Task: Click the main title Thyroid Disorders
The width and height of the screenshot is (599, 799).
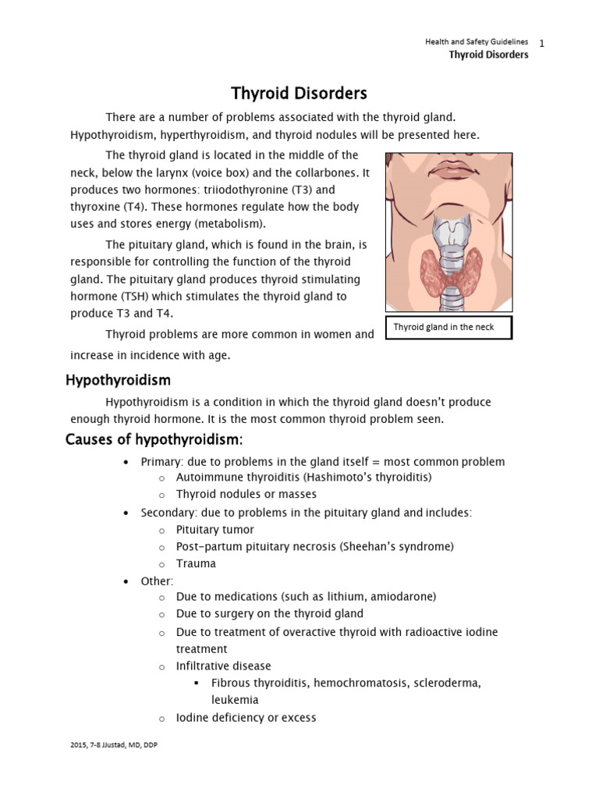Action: click(299, 94)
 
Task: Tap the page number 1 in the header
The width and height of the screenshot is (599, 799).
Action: click(541, 42)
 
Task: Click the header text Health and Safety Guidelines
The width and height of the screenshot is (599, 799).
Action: click(476, 41)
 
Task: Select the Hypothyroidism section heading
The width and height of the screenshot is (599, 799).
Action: click(117, 380)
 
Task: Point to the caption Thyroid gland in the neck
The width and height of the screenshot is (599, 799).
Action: click(443, 327)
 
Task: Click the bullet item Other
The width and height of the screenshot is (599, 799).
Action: click(157, 581)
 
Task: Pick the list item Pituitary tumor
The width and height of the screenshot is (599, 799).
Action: click(215, 529)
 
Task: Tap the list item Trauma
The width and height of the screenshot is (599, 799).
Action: click(196, 563)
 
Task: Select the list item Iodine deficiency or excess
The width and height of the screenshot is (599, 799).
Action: click(246, 717)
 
